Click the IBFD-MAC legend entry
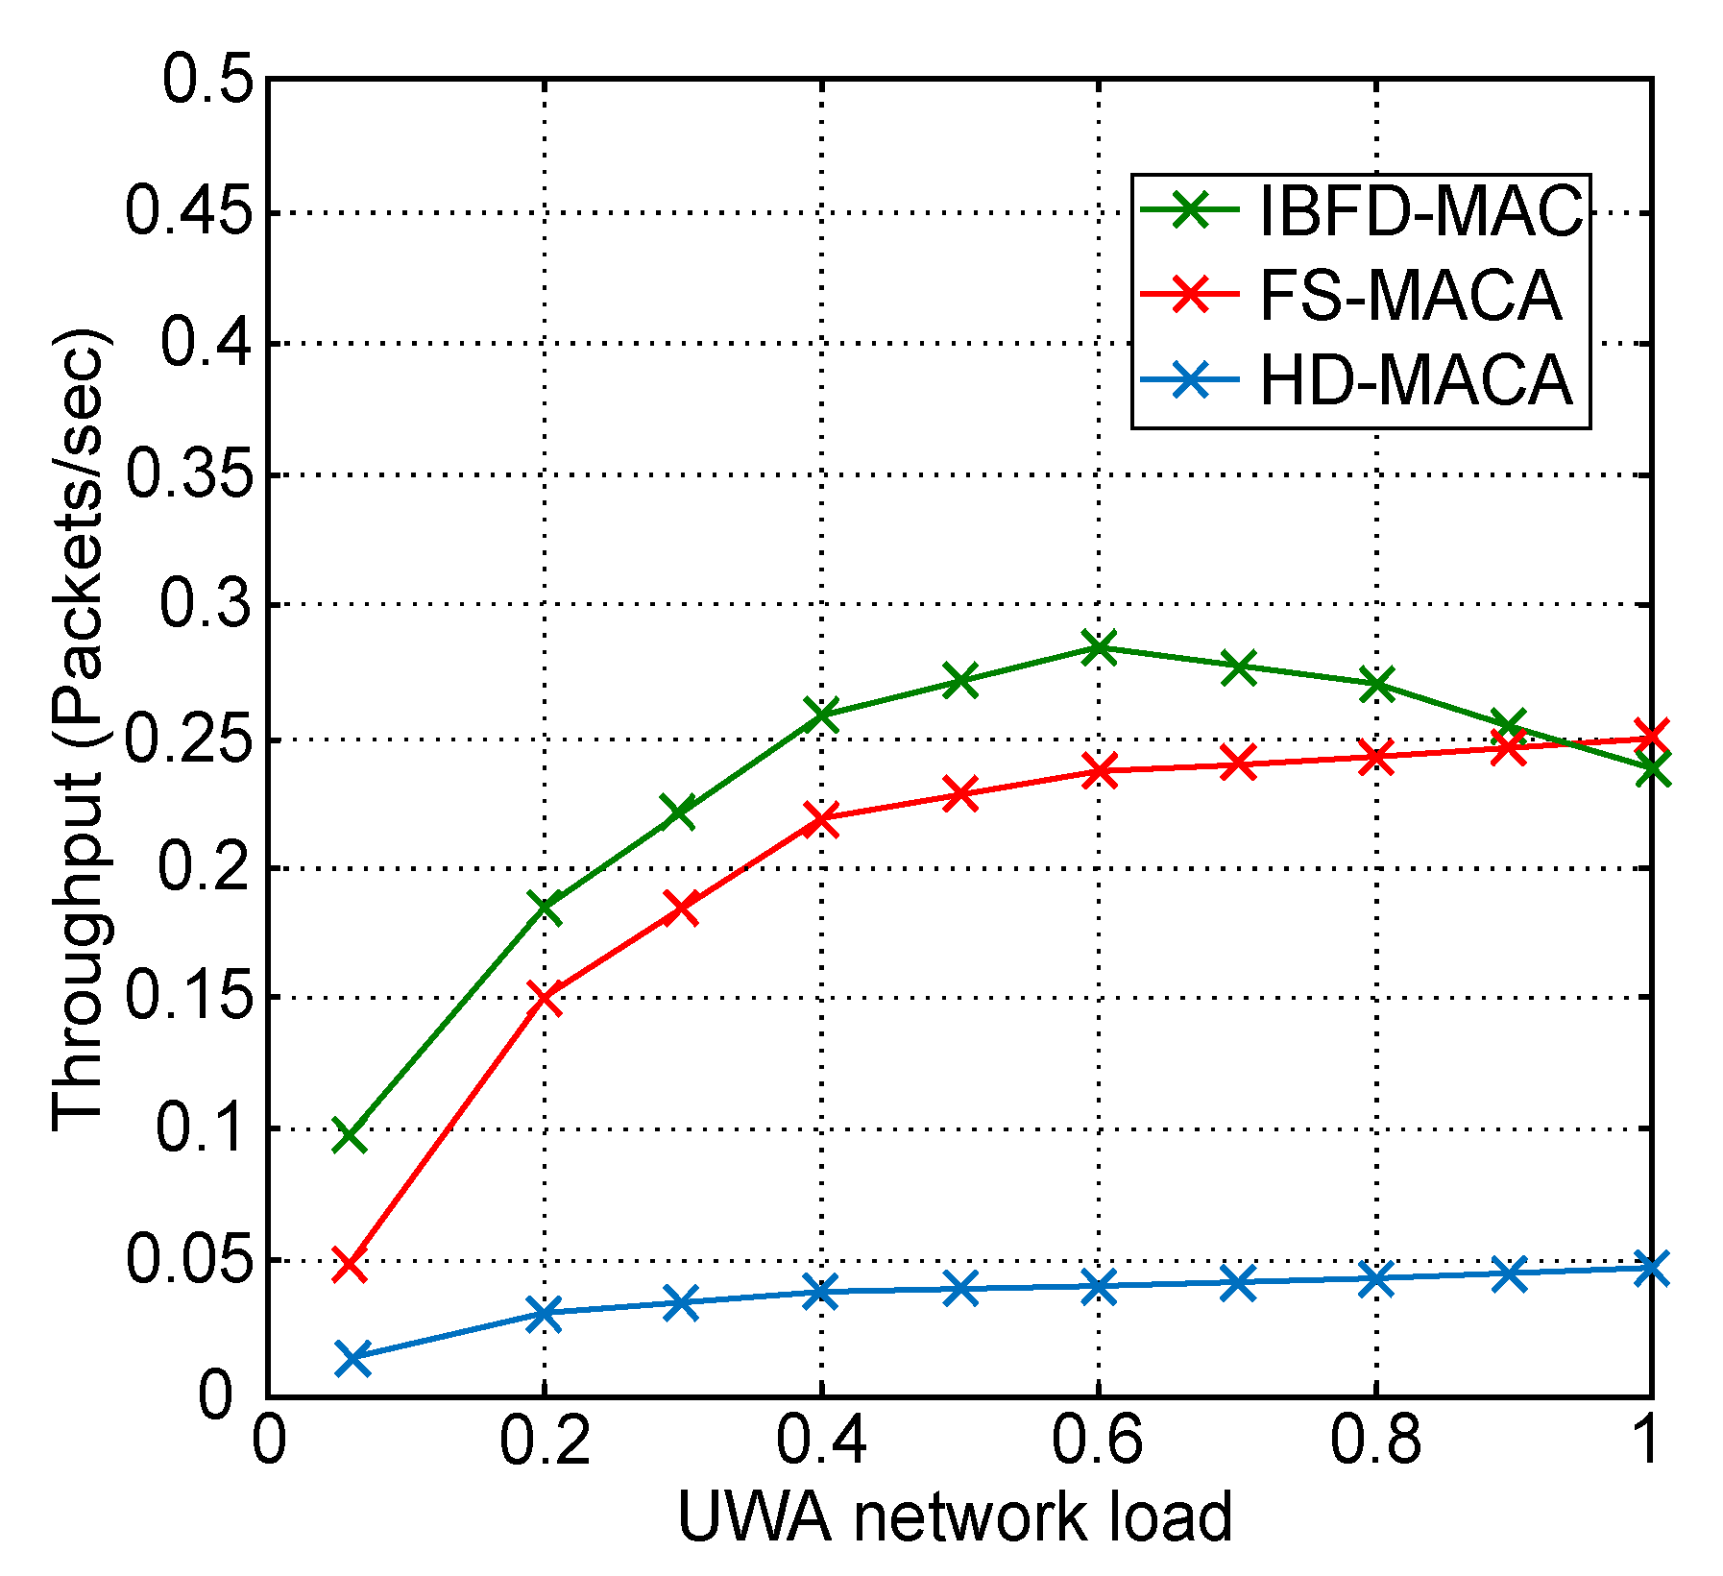click(1420, 210)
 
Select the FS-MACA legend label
click(1409, 295)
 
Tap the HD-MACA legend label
click(1415, 380)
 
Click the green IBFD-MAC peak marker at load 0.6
click(1099, 647)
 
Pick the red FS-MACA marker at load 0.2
click(545, 999)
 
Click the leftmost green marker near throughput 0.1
click(350, 1137)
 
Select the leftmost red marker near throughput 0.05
click(350, 1267)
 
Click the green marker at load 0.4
click(822, 715)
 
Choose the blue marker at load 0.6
click(1099, 1287)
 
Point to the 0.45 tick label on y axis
click(195, 213)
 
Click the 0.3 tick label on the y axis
click(209, 605)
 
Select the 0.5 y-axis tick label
click(209, 80)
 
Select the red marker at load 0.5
click(959, 794)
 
